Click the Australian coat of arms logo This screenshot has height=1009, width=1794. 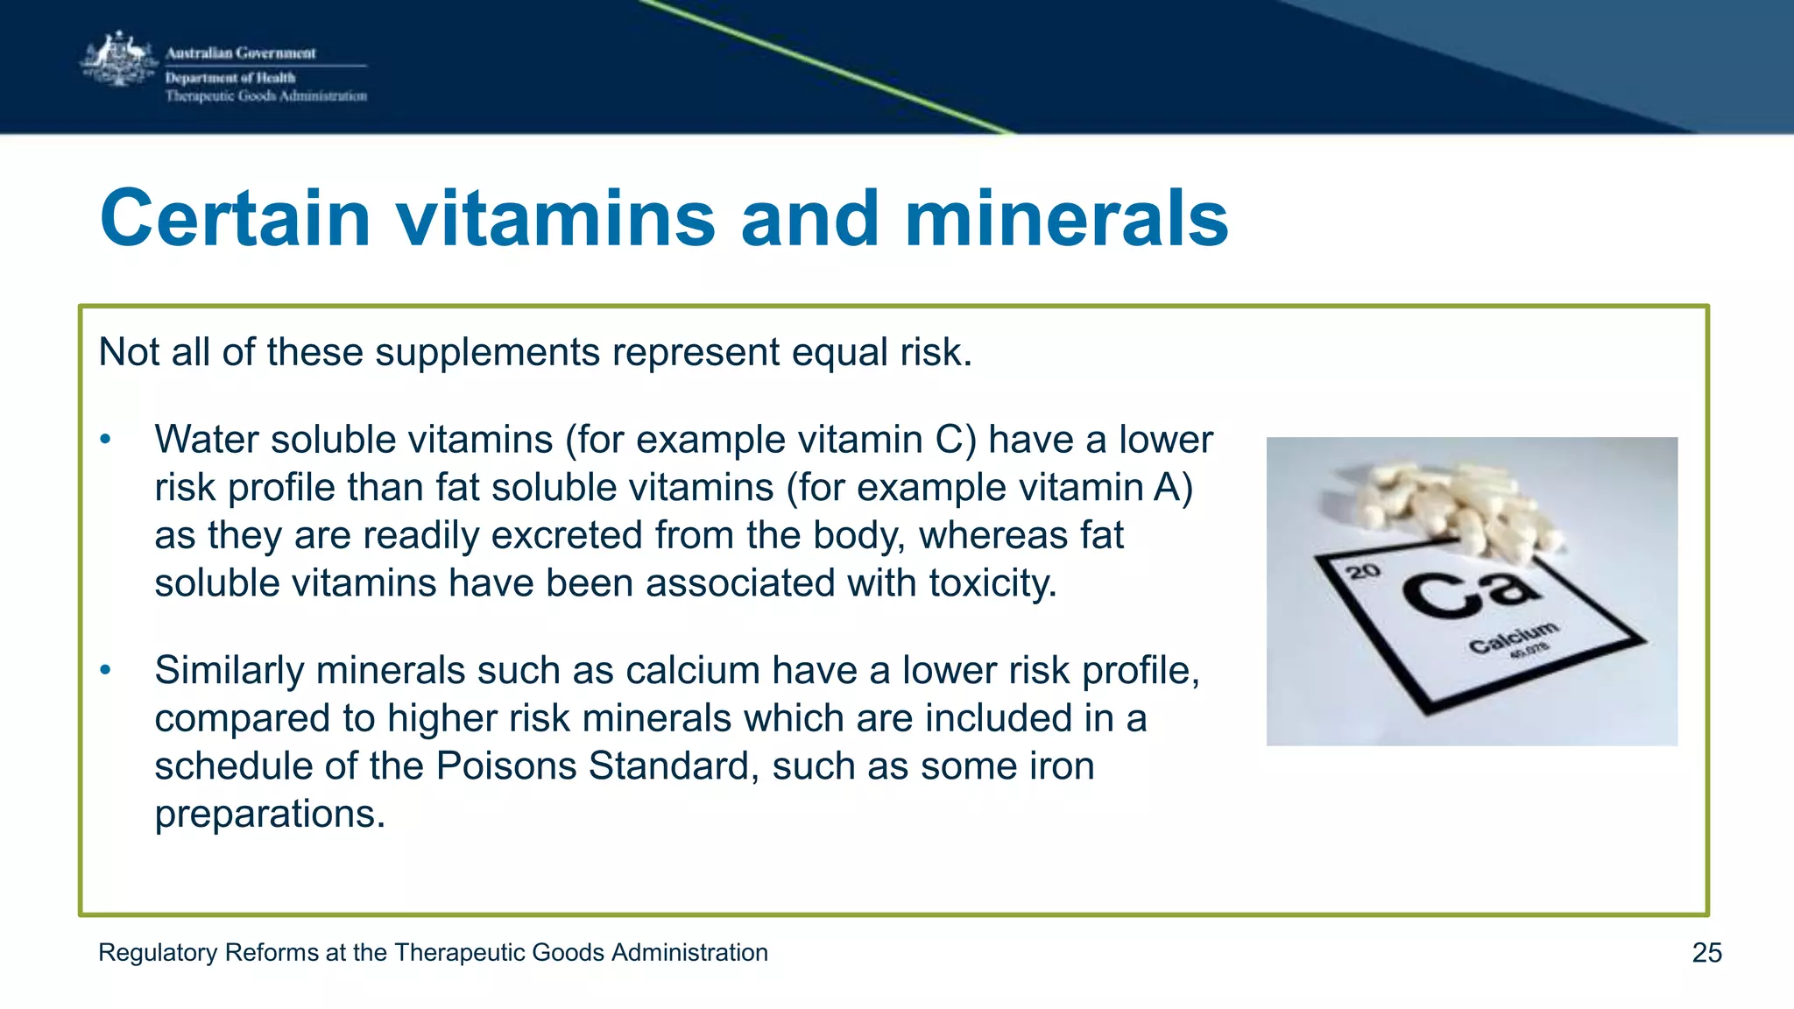119,60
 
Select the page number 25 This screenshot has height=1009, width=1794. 1706,953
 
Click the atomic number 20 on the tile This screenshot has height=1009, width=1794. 1363,572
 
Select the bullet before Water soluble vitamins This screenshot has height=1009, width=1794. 105,440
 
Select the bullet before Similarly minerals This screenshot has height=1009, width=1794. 105,671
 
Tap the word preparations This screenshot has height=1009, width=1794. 270,815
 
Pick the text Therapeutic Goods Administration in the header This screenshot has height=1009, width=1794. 266,96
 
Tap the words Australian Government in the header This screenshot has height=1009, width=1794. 241,53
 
